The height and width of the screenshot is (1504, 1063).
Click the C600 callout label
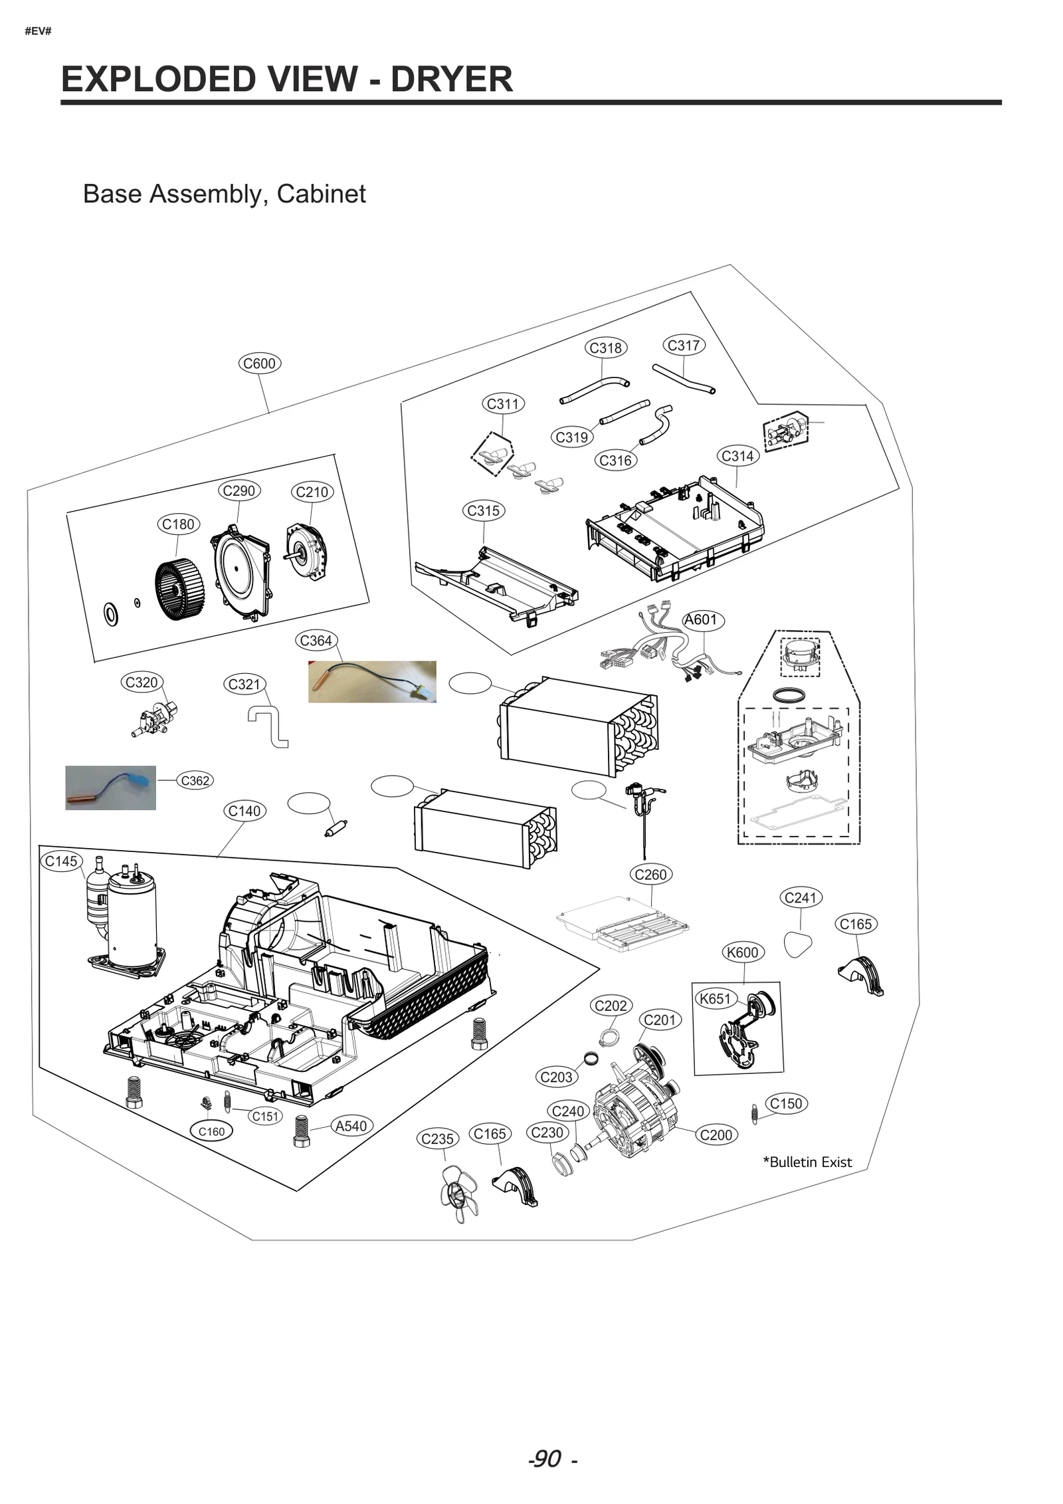click(260, 364)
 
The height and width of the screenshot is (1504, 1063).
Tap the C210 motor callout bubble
click(312, 492)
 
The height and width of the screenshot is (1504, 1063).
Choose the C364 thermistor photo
click(372, 681)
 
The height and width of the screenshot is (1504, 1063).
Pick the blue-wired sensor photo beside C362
click(110, 788)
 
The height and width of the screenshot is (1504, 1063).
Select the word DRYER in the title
click(451, 79)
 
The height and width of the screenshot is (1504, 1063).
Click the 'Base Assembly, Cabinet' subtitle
click(224, 194)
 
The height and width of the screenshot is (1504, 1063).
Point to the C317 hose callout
click(684, 346)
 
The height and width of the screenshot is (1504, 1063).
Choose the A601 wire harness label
click(702, 620)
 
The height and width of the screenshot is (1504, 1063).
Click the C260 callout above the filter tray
click(650, 875)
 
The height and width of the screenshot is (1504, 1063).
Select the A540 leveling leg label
click(351, 1126)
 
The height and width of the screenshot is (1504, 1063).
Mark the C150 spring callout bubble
click(786, 1103)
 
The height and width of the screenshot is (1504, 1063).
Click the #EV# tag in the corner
click(38, 31)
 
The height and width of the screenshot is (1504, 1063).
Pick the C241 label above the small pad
click(800, 898)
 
